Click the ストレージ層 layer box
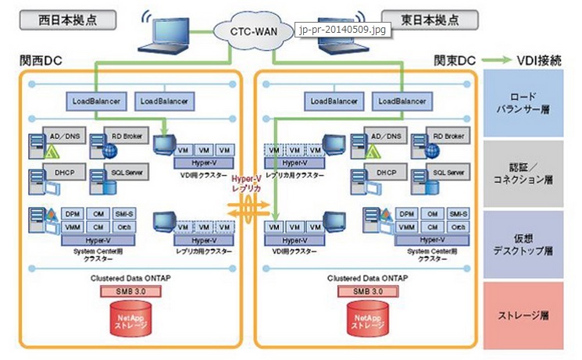pyautogui.click(x=523, y=315)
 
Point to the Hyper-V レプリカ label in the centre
pyautogui.click(x=250, y=184)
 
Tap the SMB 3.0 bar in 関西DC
pyautogui.click(x=130, y=291)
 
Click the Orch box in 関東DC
pyautogui.click(x=459, y=226)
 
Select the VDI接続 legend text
pyautogui.click(x=538, y=60)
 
